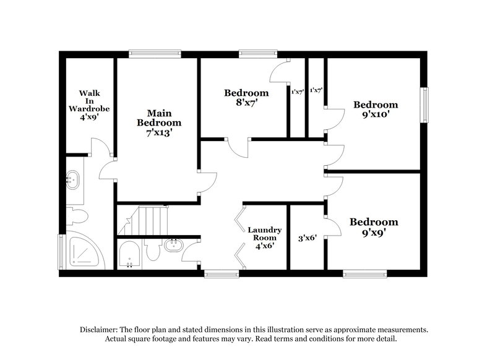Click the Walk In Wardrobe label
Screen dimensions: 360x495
click(x=89, y=101)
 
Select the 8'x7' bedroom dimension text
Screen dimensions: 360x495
click(x=246, y=104)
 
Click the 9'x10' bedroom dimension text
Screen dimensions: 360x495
click(x=375, y=114)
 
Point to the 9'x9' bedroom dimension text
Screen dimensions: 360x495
click(x=373, y=233)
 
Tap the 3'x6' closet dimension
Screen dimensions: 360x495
click(x=308, y=238)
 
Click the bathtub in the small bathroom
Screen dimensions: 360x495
click(x=131, y=255)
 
